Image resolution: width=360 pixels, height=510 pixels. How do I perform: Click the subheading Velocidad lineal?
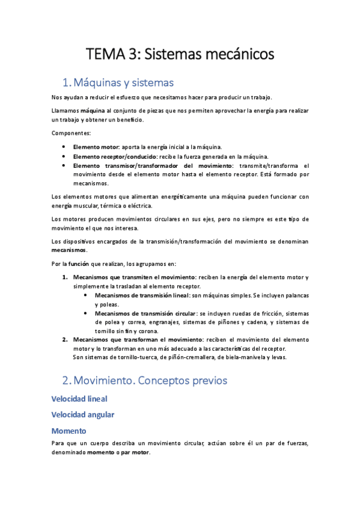[79, 399]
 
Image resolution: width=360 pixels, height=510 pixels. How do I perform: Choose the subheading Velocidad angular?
[83, 414]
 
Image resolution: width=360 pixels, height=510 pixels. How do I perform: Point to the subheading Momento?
[69, 431]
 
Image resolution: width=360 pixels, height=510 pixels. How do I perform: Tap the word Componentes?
[72, 132]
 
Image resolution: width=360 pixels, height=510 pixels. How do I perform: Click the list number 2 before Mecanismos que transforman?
[65, 340]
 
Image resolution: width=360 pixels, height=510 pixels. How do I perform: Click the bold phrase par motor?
[136, 452]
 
